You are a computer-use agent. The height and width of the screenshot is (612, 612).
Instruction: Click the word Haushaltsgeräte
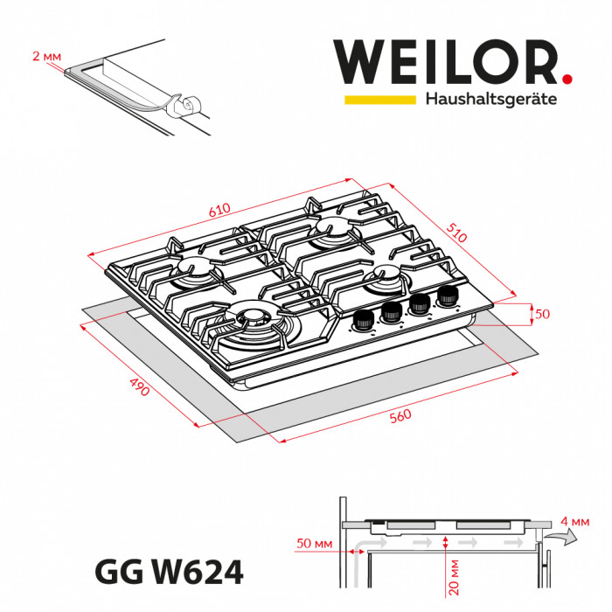[490, 100]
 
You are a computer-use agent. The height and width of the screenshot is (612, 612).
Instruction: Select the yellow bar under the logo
[379, 100]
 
